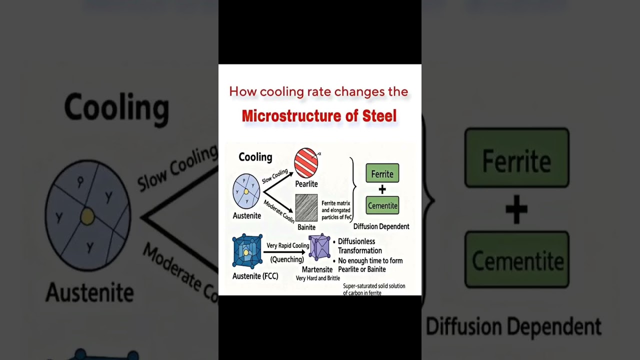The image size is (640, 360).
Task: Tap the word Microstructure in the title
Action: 296,116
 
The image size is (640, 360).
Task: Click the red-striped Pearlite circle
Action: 306,162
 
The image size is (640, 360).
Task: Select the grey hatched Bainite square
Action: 306,207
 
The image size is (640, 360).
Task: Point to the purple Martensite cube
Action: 319,247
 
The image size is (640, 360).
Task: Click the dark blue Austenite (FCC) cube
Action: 247,251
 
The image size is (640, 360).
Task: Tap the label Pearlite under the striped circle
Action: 306,184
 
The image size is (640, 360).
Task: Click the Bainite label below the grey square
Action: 306,227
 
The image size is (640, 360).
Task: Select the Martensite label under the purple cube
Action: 317,269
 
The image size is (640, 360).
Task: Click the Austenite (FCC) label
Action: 255,276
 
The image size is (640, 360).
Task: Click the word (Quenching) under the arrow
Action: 287,259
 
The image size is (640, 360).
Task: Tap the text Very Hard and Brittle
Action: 317,278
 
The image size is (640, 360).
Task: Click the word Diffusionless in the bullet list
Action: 356,241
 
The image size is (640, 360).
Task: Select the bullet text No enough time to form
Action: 370,260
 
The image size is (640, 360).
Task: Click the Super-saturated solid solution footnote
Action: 374,286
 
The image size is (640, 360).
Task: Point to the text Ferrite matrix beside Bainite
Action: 335,203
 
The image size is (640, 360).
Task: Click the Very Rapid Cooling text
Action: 287,245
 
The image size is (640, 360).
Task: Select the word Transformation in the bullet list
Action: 359,250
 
